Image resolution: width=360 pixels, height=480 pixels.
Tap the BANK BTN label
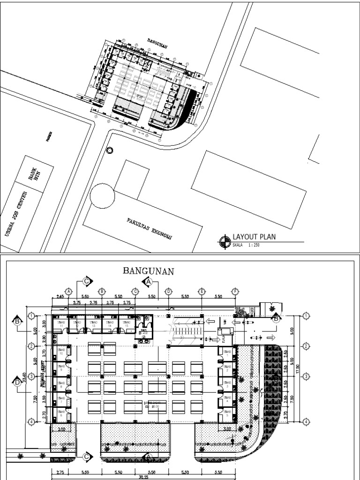(x=34, y=177)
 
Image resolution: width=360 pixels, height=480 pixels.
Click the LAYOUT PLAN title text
(x=254, y=237)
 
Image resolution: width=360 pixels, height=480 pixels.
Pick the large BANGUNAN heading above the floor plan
(x=149, y=271)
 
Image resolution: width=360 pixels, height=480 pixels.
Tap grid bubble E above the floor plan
(x=202, y=291)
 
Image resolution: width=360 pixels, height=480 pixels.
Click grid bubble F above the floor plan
(x=235, y=291)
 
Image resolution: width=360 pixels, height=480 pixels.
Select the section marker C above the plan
(x=87, y=281)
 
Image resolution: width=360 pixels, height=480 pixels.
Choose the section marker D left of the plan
(x=17, y=382)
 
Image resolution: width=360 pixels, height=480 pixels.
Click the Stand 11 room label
(x=60, y=323)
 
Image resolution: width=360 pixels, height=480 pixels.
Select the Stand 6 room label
(x=61, y=414)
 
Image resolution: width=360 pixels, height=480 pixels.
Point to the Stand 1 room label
(x=227, y=353)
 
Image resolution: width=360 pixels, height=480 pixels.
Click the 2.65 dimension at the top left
(x=60, y=297)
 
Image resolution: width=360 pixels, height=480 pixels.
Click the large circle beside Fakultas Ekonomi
(x=102, y=195)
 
